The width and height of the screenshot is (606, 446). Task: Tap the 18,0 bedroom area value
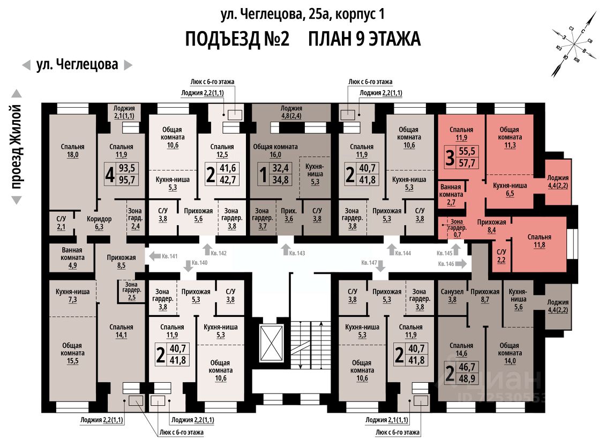(72, 154)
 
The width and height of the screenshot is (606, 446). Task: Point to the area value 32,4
(281, 169)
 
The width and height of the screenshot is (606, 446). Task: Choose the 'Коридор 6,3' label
(99, 222)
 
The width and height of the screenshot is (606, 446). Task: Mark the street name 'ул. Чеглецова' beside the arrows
(77, 65)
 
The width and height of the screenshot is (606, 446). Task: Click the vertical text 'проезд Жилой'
(17, 147)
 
